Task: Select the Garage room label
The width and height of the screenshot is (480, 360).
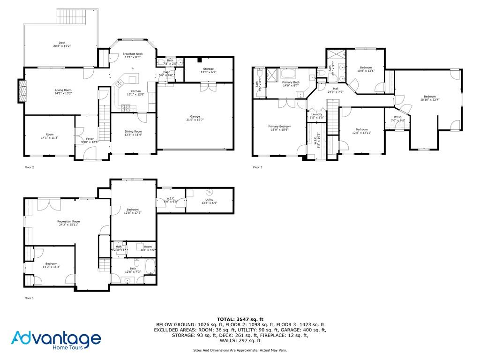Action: coord(195,118)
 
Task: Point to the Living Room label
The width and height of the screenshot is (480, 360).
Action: coord(63,91)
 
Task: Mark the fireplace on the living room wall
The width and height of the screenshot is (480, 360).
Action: coord(21,90)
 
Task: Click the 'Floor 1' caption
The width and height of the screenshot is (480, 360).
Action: coord(29,298)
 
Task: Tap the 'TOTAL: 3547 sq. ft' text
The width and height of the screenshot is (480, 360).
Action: coord(240,319)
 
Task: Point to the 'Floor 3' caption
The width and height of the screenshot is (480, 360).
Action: coord(257,167)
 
